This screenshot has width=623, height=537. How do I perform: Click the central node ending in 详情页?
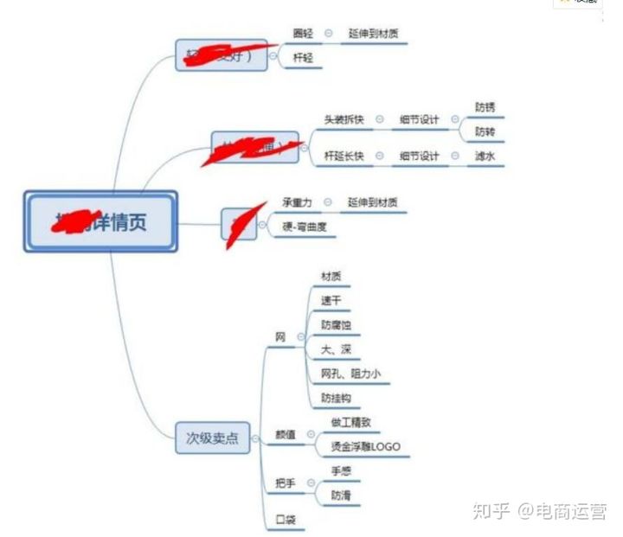click(x=100, y=221)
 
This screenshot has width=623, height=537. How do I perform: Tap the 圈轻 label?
click(x=303, y=34)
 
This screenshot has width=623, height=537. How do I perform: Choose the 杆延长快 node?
click(x=344, y=157)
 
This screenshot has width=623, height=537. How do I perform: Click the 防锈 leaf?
click(x=485, y=108)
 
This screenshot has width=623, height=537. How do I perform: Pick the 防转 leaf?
click(x=485, y=132)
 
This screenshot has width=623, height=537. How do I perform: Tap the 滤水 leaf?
click(x=485, y=157)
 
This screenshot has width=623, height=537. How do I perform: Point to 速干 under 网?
click(x=331, y=301)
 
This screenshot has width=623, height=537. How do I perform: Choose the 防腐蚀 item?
click(x=336, y=325)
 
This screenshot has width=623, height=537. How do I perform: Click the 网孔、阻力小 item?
click(x=350, y=374)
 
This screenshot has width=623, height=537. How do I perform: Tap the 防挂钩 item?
click(x=336, y=398)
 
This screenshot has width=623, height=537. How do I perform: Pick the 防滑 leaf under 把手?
click(x=341, y=495)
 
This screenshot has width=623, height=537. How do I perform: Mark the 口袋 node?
click(x=286, y=520)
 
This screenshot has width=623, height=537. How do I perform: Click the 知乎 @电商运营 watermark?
click(x=539, y=509)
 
